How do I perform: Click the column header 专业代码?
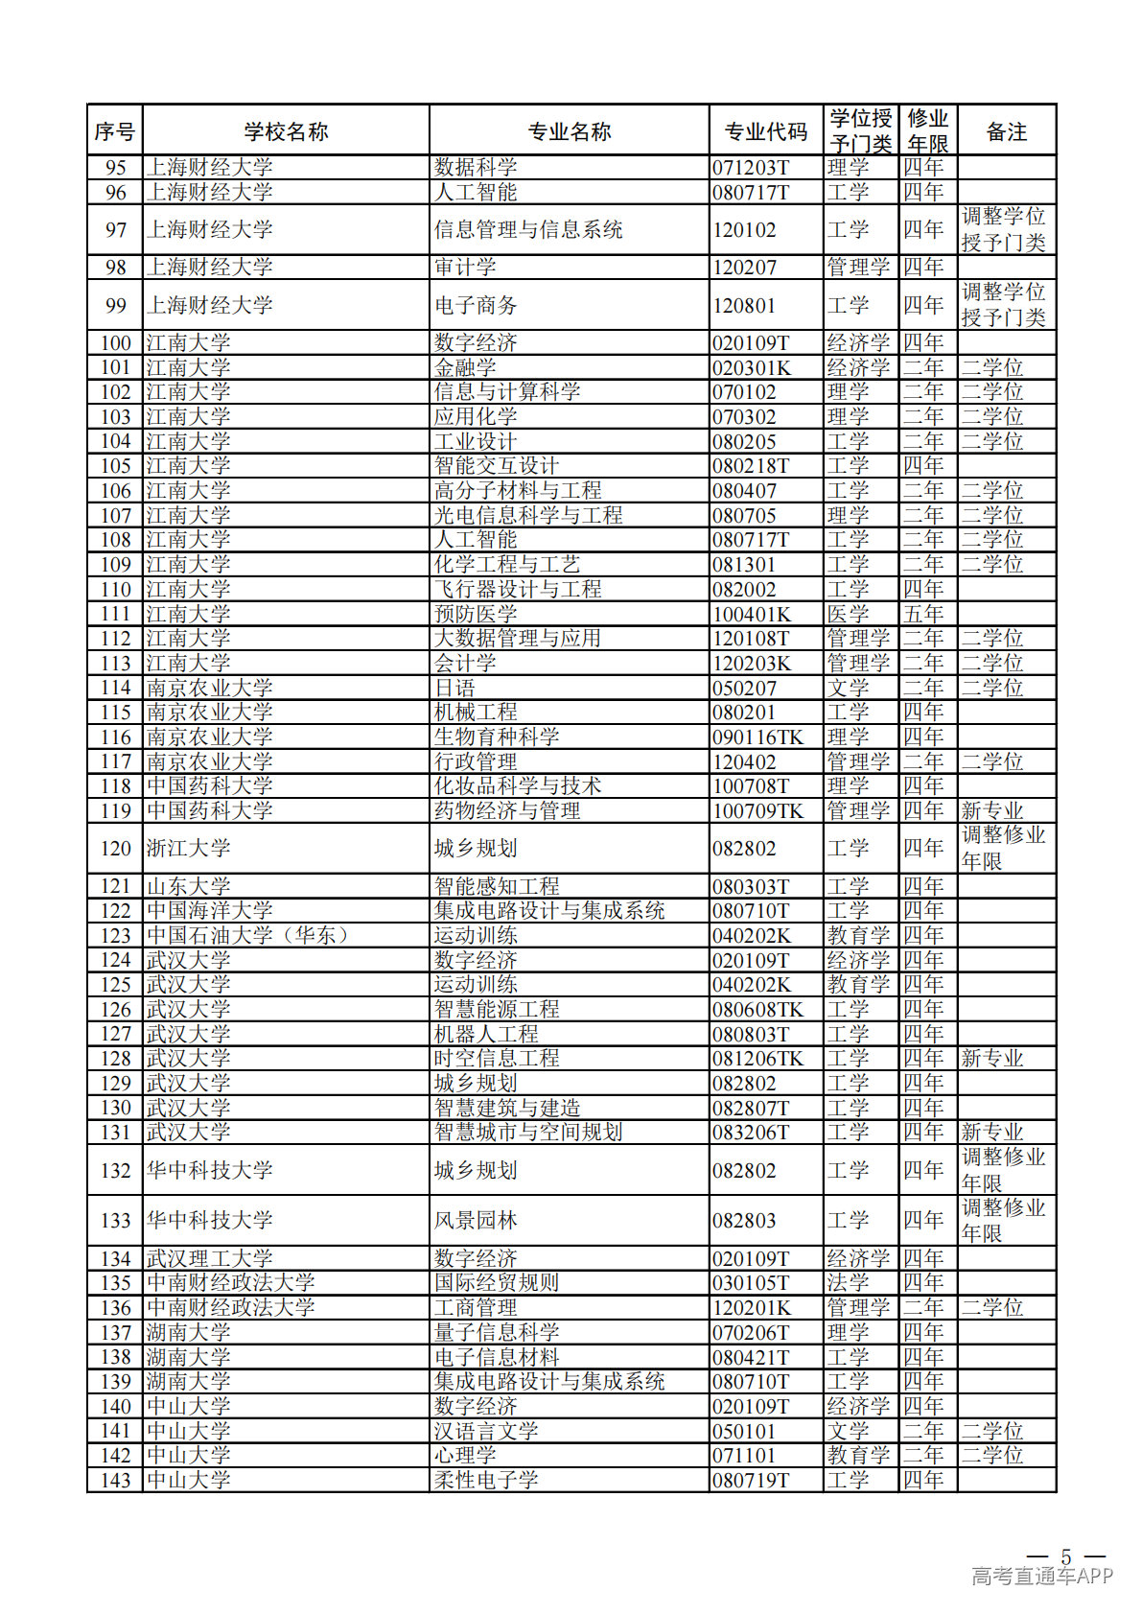click(765, 131)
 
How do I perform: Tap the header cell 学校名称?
click(286, 131)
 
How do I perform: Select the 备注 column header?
click(1006, 131)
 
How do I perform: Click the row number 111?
click(115, 614)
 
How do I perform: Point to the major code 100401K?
click(752, 615)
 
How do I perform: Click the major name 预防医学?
click(476, 614)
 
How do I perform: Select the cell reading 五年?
click(923, 614)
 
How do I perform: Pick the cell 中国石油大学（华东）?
click(247, 935)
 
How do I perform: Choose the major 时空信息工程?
click(497, 1058)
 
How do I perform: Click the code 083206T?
click(751, 1133)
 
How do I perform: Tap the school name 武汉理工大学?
click(210, 1258)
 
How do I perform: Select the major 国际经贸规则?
click(497, 1282)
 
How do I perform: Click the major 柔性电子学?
click(486, 1480)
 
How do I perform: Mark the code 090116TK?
click(757, 737)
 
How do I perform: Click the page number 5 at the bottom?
click(1065, 1556)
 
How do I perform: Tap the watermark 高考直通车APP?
click(1042, 1576)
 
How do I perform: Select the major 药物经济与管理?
click(507, 811)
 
